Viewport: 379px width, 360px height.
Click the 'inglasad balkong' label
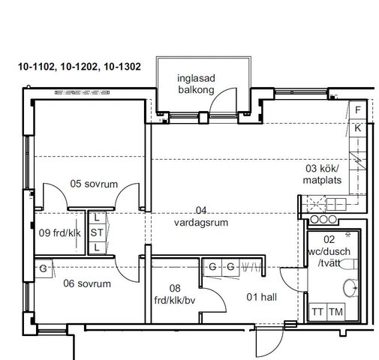tap(196, 84)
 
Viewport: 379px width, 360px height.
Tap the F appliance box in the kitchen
tap(358, 109)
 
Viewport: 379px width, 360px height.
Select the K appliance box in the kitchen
tap(358, 128)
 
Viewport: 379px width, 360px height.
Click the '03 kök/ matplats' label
tap(322, 174)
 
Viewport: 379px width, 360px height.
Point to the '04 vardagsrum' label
tap(201, 217)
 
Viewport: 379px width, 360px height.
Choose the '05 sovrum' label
tap(94, 184)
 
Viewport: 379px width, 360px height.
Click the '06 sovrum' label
tap(87, 283)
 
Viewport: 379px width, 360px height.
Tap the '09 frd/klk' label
tap(60, 233)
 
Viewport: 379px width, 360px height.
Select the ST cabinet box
tap(97, 232)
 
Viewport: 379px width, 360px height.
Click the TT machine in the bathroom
tap(317, 312)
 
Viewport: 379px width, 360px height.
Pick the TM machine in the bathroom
tap(336, 312)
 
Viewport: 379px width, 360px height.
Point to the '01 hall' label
tap(262, 297)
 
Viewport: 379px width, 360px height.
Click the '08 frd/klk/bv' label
tap(175, 294)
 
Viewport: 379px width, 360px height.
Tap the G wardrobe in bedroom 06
tap(44, 268)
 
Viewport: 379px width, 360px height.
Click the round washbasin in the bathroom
tap(350, 288)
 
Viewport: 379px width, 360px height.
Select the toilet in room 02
tap(348, 264)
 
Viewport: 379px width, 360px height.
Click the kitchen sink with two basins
tap(336, 204)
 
